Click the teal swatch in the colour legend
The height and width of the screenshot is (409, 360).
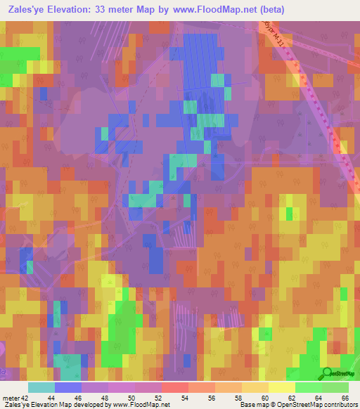41,387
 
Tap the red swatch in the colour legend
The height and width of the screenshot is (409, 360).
174,387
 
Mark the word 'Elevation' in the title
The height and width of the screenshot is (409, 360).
79,10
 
